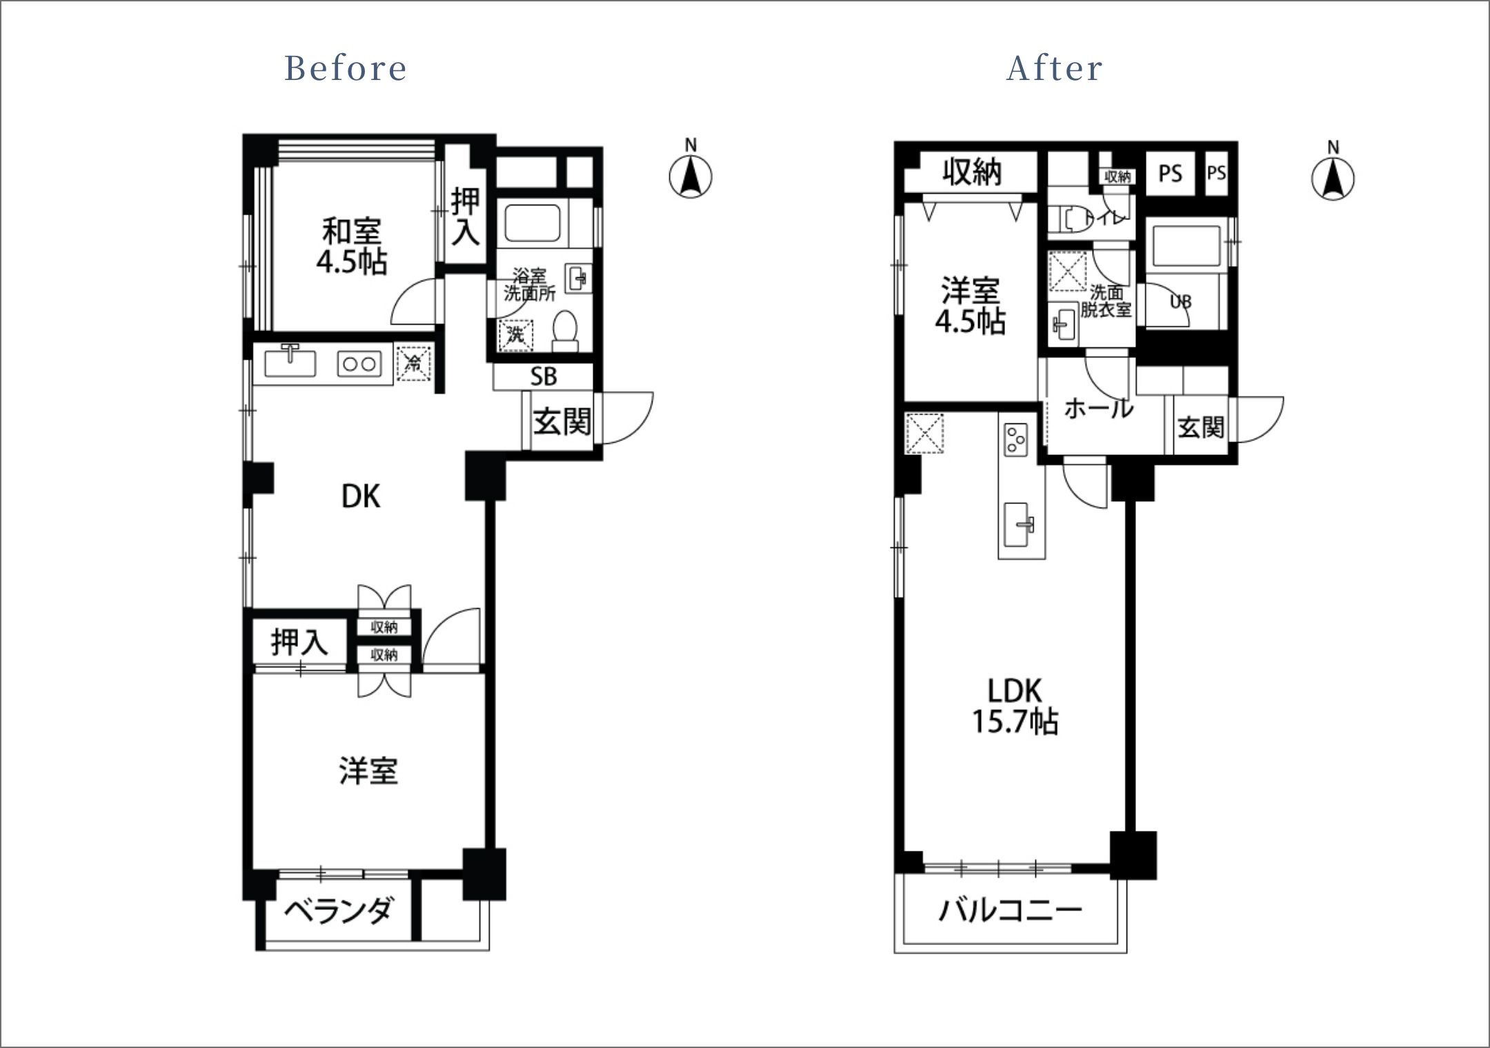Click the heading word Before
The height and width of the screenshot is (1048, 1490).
(x=346, y=68)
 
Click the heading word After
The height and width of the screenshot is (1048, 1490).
(x=1055, y=68)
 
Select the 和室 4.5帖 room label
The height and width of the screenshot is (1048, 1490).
(x=352, y=246)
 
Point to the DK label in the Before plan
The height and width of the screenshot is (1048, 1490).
(x=361, y=496)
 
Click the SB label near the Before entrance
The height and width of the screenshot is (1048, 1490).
(x=544, y=376)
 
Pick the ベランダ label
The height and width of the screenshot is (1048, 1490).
(x=339, y=911)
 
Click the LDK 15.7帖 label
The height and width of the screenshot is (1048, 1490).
(x=1015, y=707)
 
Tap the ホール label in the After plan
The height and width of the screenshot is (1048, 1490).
(x=1099, y=408)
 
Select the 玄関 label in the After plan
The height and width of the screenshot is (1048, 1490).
(x=1201, y=427)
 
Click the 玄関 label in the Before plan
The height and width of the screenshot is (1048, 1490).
(x=562, y=421)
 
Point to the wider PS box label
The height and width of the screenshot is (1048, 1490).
(x=1171, y=173)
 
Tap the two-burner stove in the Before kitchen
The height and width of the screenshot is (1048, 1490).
(x=359, y=363)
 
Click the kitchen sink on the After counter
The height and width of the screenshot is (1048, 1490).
(x=1022, y=525)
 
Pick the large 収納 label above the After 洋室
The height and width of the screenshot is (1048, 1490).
(x=972, y=172)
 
